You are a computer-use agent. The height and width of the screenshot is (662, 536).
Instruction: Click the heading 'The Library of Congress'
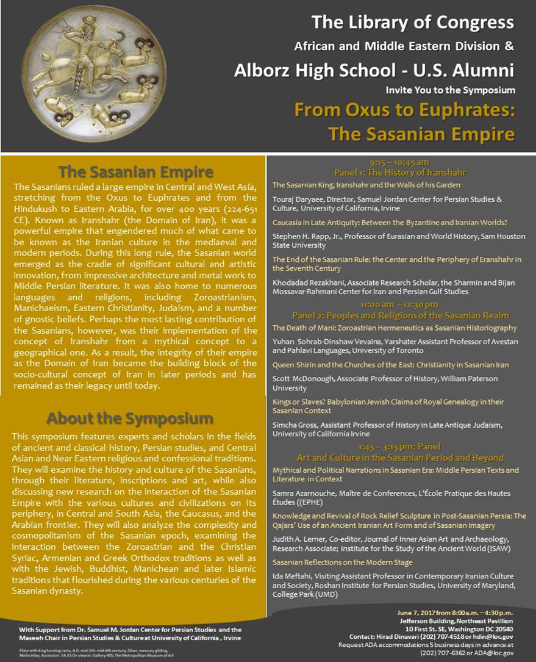pos(412,23)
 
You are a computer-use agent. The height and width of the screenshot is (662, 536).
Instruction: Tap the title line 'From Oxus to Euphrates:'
pos(405,111)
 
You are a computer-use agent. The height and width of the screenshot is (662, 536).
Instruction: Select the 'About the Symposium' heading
pos(130,419)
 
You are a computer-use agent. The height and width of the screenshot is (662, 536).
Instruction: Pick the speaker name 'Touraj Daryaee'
pos(298,200)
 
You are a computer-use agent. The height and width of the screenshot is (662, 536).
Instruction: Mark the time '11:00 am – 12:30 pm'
pos(399,304)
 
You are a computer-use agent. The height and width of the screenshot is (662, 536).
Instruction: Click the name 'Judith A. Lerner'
pos(300,539)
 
